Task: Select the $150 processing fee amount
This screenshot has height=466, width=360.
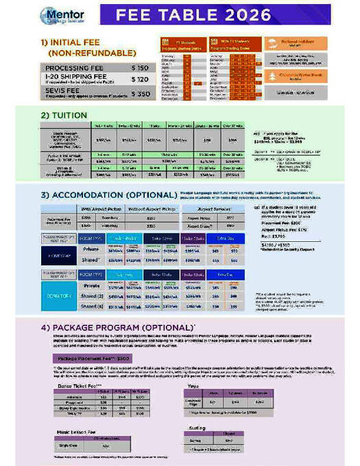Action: (139, 68)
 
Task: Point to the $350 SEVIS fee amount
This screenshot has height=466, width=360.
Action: (139, 93)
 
